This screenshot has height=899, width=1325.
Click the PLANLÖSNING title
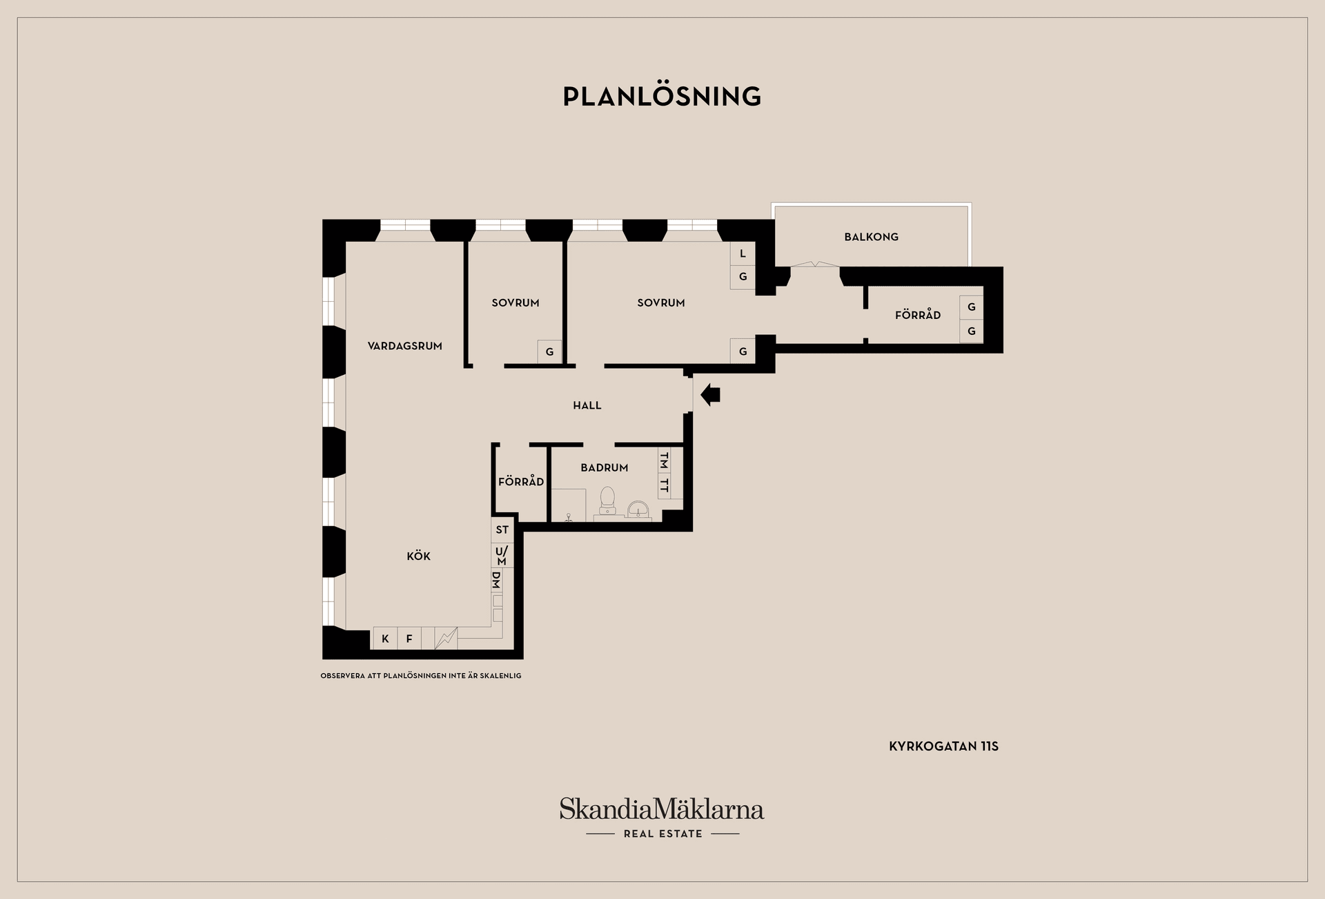[662, 97]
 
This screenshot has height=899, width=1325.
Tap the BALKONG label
[871, 237]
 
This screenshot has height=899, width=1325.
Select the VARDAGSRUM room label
[404, 346]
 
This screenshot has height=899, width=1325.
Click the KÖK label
[418, 556]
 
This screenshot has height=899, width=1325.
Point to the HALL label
[587, 405]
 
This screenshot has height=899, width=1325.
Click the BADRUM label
[604, 467]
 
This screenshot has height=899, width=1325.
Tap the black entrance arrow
[710, 395]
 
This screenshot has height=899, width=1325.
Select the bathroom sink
[638, 510]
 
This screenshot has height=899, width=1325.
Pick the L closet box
[743, 253]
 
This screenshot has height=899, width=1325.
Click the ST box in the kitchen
[502, 530]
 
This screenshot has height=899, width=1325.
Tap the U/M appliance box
[502, 555]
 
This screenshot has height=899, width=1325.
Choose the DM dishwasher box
[497, 581]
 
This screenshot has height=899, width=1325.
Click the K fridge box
[385, 639]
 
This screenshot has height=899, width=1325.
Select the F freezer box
[409, 639]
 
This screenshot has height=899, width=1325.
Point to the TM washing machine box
[664, 460]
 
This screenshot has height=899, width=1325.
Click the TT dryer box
[664, 485]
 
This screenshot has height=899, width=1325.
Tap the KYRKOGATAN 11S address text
[943, 746]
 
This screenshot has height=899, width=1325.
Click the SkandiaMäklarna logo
[662, 817]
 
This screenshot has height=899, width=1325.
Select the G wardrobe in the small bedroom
[549, 351]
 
